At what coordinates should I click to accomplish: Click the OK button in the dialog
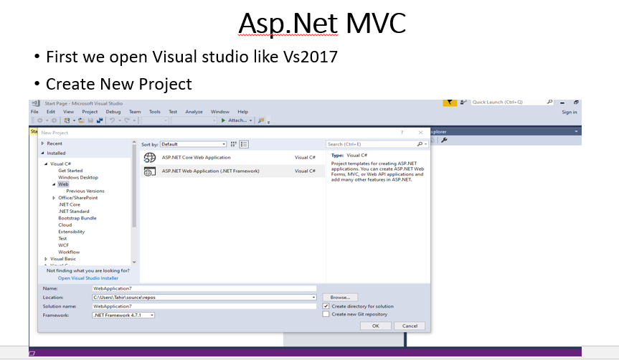375,326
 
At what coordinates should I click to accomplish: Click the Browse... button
340,297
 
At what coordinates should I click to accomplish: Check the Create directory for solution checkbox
326,306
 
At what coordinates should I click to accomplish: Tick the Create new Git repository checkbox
326,314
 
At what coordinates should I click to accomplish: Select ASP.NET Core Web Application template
196,157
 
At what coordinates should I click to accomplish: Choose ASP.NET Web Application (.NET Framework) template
210,171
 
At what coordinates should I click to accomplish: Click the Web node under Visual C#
63,184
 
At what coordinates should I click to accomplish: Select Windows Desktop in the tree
78,177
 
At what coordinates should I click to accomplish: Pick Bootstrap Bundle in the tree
77,218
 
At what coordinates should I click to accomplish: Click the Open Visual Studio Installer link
88,278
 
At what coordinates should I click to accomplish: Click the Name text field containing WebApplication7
204,288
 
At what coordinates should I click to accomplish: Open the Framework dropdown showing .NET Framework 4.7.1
123,315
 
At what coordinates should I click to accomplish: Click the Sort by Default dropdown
193,144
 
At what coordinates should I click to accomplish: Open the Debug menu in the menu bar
113,112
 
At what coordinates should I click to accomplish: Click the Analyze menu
194,112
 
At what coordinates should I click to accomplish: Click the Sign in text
570,112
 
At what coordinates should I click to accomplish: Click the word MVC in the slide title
376,23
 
